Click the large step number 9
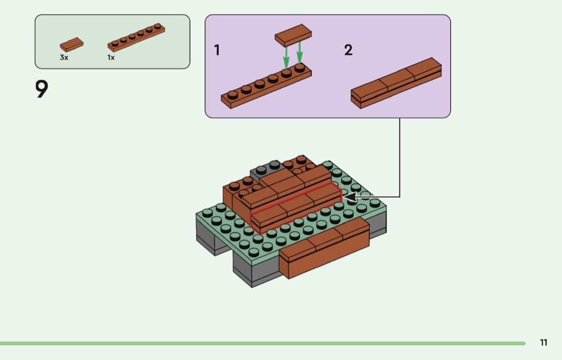(42, 89)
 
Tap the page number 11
(543, 343)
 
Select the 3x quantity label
(64, 57)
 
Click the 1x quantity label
(111, 57)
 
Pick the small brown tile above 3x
(72, 44)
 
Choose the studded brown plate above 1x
(136, 37)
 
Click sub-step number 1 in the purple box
(217, 50)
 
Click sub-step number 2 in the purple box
(348, 50)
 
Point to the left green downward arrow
(286, 56)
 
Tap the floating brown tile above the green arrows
(293, 34)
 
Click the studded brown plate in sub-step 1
(266, 87)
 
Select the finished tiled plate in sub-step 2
(396, 83)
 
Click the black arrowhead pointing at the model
(350, 197)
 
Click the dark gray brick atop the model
(266, 170)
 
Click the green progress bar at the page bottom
(262, 343)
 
